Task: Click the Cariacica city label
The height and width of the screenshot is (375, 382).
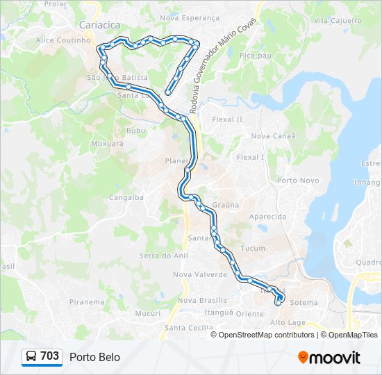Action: [x=99, y=25]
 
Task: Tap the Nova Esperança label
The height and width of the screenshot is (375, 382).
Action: [x=189, y=17]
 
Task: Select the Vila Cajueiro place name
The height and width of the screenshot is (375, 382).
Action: [x=338, y=21]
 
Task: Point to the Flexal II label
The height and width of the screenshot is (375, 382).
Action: [x=227, y=119]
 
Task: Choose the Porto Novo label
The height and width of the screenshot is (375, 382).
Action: [x=298, y=181]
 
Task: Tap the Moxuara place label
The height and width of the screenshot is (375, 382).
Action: [x=107, y=144]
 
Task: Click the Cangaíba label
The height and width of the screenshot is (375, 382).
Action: [x=126, y=197]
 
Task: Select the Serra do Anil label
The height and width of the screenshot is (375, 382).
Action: [x=164, y=256]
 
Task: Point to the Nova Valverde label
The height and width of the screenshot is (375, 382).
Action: [x=200, y=274]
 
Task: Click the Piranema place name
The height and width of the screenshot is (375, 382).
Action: [x=87, y=302]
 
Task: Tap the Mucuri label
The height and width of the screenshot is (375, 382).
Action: [x=148, y=313]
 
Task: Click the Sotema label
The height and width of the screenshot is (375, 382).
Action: [x=304, y=303]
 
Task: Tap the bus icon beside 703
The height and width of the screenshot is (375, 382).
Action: [x=32, y=356]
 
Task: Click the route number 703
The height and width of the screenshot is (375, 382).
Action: [x=50, y=356]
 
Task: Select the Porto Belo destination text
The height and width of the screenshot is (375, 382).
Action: [x=94, y=357]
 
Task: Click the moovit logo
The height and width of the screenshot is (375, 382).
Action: [x=329, y=358]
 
